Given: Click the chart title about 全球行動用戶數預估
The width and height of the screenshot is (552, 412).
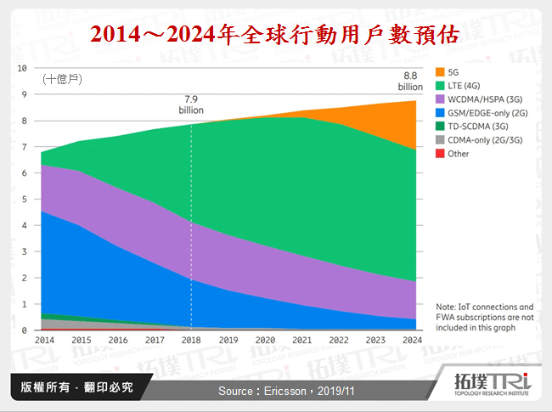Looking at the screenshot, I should point(275,34).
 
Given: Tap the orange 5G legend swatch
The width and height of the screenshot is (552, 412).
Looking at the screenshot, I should point(439,71).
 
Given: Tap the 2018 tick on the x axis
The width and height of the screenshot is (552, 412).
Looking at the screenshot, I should point(192,340).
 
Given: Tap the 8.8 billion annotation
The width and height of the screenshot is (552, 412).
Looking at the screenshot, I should point(410,81).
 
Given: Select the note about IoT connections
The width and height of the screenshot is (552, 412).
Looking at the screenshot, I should point(484,315).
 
